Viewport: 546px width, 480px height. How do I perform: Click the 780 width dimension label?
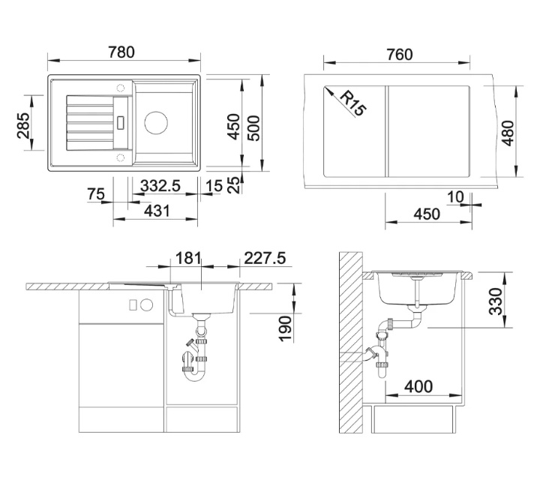point(121,52)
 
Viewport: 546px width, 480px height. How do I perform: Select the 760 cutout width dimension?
point(400,55)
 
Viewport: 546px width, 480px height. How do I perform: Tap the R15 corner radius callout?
point(352,103)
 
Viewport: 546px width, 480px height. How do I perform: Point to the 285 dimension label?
point(24,125)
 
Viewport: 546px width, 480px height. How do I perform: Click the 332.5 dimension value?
point(160,186)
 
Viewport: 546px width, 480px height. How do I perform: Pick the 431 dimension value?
point(157,211)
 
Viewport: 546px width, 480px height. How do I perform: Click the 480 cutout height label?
point(508,133)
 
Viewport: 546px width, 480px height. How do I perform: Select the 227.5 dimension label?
point(265,258)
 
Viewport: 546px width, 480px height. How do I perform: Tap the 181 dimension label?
point(188,258)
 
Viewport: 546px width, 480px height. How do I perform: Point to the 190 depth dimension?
point(285,328)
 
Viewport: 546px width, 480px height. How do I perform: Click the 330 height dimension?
point(496,301)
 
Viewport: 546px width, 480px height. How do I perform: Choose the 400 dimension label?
point(418,386)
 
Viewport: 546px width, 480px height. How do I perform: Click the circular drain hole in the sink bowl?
point(156,122)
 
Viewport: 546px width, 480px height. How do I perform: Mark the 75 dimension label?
point(96,193)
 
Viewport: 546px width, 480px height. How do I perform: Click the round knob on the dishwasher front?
point(146,304)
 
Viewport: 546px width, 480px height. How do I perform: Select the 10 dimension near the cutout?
point(455,197)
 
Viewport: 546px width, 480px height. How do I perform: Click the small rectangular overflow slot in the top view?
point(121,122)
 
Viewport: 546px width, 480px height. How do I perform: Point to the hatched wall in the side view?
point(351,343)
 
